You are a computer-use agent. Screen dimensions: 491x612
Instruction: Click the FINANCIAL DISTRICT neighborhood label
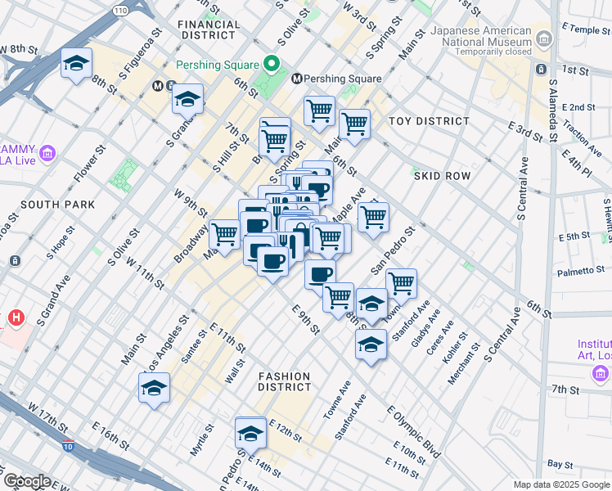(x=209, y=30)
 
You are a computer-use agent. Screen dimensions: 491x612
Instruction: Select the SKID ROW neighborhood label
(x=442, y=176)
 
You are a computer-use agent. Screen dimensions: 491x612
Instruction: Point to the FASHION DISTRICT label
(x=285, y=381)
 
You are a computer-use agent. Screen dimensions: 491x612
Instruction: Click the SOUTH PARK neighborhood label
(x=58, y=204)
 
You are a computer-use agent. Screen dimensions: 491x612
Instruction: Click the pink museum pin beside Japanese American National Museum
(x=542, y=35)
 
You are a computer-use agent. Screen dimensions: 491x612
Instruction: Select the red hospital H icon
(x=16, y=317)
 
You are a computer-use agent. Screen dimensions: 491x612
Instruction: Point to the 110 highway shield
(x=120, y=11)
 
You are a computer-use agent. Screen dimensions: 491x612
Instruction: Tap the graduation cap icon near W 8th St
(x=75, y=63)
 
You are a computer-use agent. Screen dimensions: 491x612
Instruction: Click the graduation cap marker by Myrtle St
(x=153, y=388)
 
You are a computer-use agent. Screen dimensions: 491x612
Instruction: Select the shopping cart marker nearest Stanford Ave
(x=400, y=283)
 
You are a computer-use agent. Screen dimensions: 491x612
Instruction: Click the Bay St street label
(x=560, y=464)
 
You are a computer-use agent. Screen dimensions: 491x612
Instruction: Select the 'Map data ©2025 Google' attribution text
(x=560, y=484)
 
